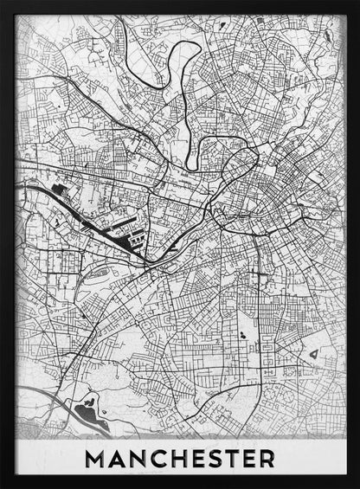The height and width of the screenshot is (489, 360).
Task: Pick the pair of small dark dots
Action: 240,333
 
